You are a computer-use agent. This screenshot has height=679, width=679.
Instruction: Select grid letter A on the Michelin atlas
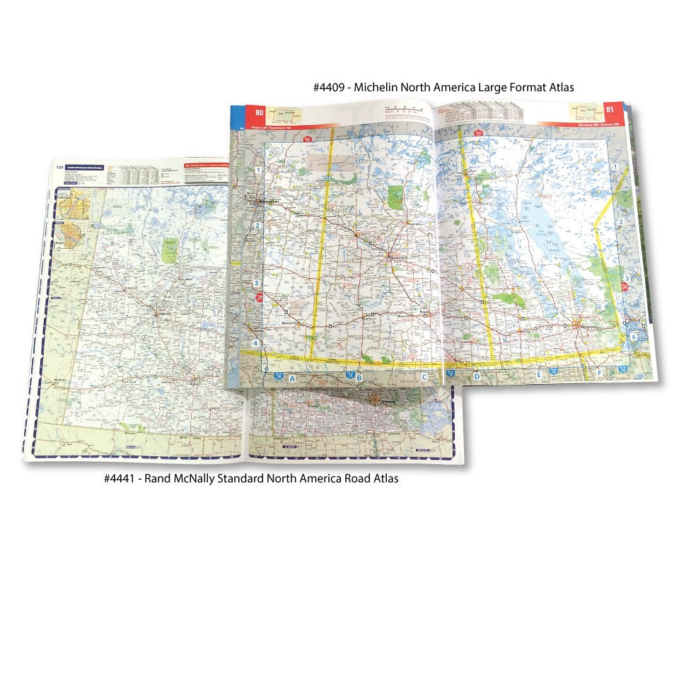(x=291, y=378)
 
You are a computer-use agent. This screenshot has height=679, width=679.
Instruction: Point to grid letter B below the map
(x=359, y=378)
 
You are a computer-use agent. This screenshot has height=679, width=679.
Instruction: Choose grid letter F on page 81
(x=599, y=373)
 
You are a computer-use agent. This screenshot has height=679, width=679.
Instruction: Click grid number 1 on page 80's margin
(x=259, y=170)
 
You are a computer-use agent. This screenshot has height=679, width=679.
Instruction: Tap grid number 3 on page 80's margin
(x=257, y=284)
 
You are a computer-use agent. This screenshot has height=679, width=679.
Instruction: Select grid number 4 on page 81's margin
(x=634, y=337)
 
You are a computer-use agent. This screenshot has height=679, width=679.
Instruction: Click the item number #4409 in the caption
(x=330, y=88)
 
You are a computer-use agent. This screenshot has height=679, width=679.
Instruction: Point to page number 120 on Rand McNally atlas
(x=59, y=168)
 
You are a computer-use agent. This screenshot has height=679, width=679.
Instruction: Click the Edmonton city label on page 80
(x=269, y=202)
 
